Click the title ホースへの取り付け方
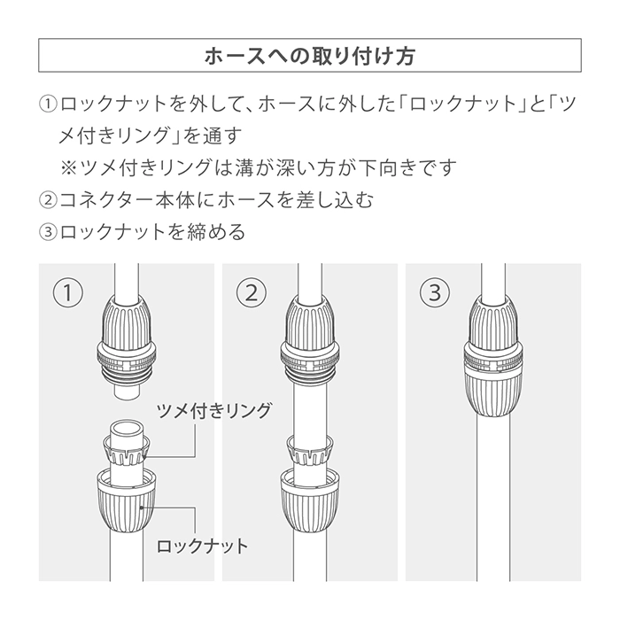(310, 56)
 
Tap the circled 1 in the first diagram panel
(68, 293)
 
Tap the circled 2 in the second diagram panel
(252, 293)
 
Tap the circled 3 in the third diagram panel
(435, 293)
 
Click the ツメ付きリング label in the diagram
(214, 410)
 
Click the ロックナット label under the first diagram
(203, 546)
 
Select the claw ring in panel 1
(127, 450)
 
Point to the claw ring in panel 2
(310, 450)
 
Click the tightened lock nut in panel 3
(493, 394)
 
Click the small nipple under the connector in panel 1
(127, 391)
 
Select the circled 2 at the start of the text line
(48, 200)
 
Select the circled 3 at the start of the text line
(48, 232)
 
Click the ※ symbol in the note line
(68, 168)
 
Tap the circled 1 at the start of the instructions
(48, 104)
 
